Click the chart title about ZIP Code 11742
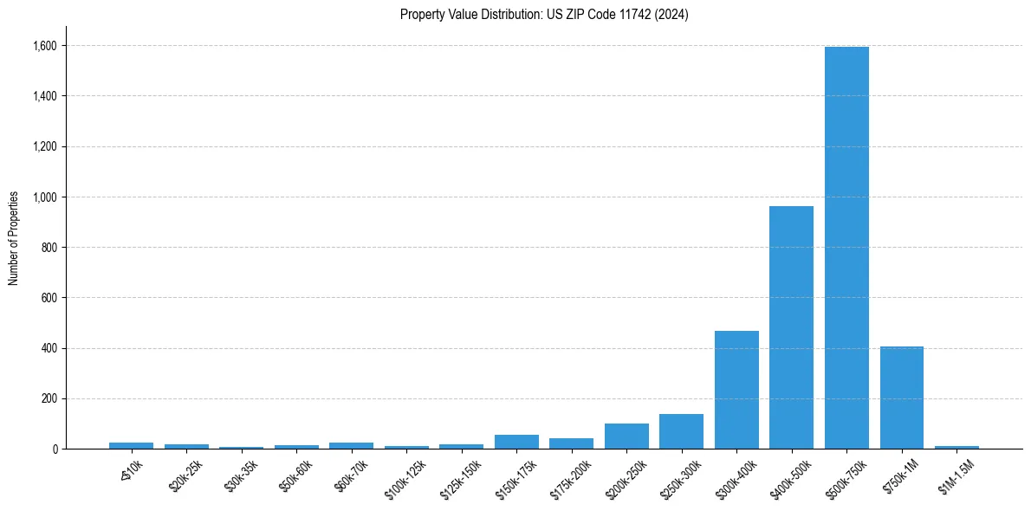[544, 15]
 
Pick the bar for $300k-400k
[736, 390]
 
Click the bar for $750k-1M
[901, 398]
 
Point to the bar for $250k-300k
[681, 431]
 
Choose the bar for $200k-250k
[626, 437]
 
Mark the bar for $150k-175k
[516, 442]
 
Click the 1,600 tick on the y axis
[46, 45]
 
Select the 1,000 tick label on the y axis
[46, 197]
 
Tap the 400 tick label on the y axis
[50, 348]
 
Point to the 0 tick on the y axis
[55, 449]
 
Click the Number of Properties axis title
[14, 238]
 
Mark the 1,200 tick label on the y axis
[46, 146]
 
